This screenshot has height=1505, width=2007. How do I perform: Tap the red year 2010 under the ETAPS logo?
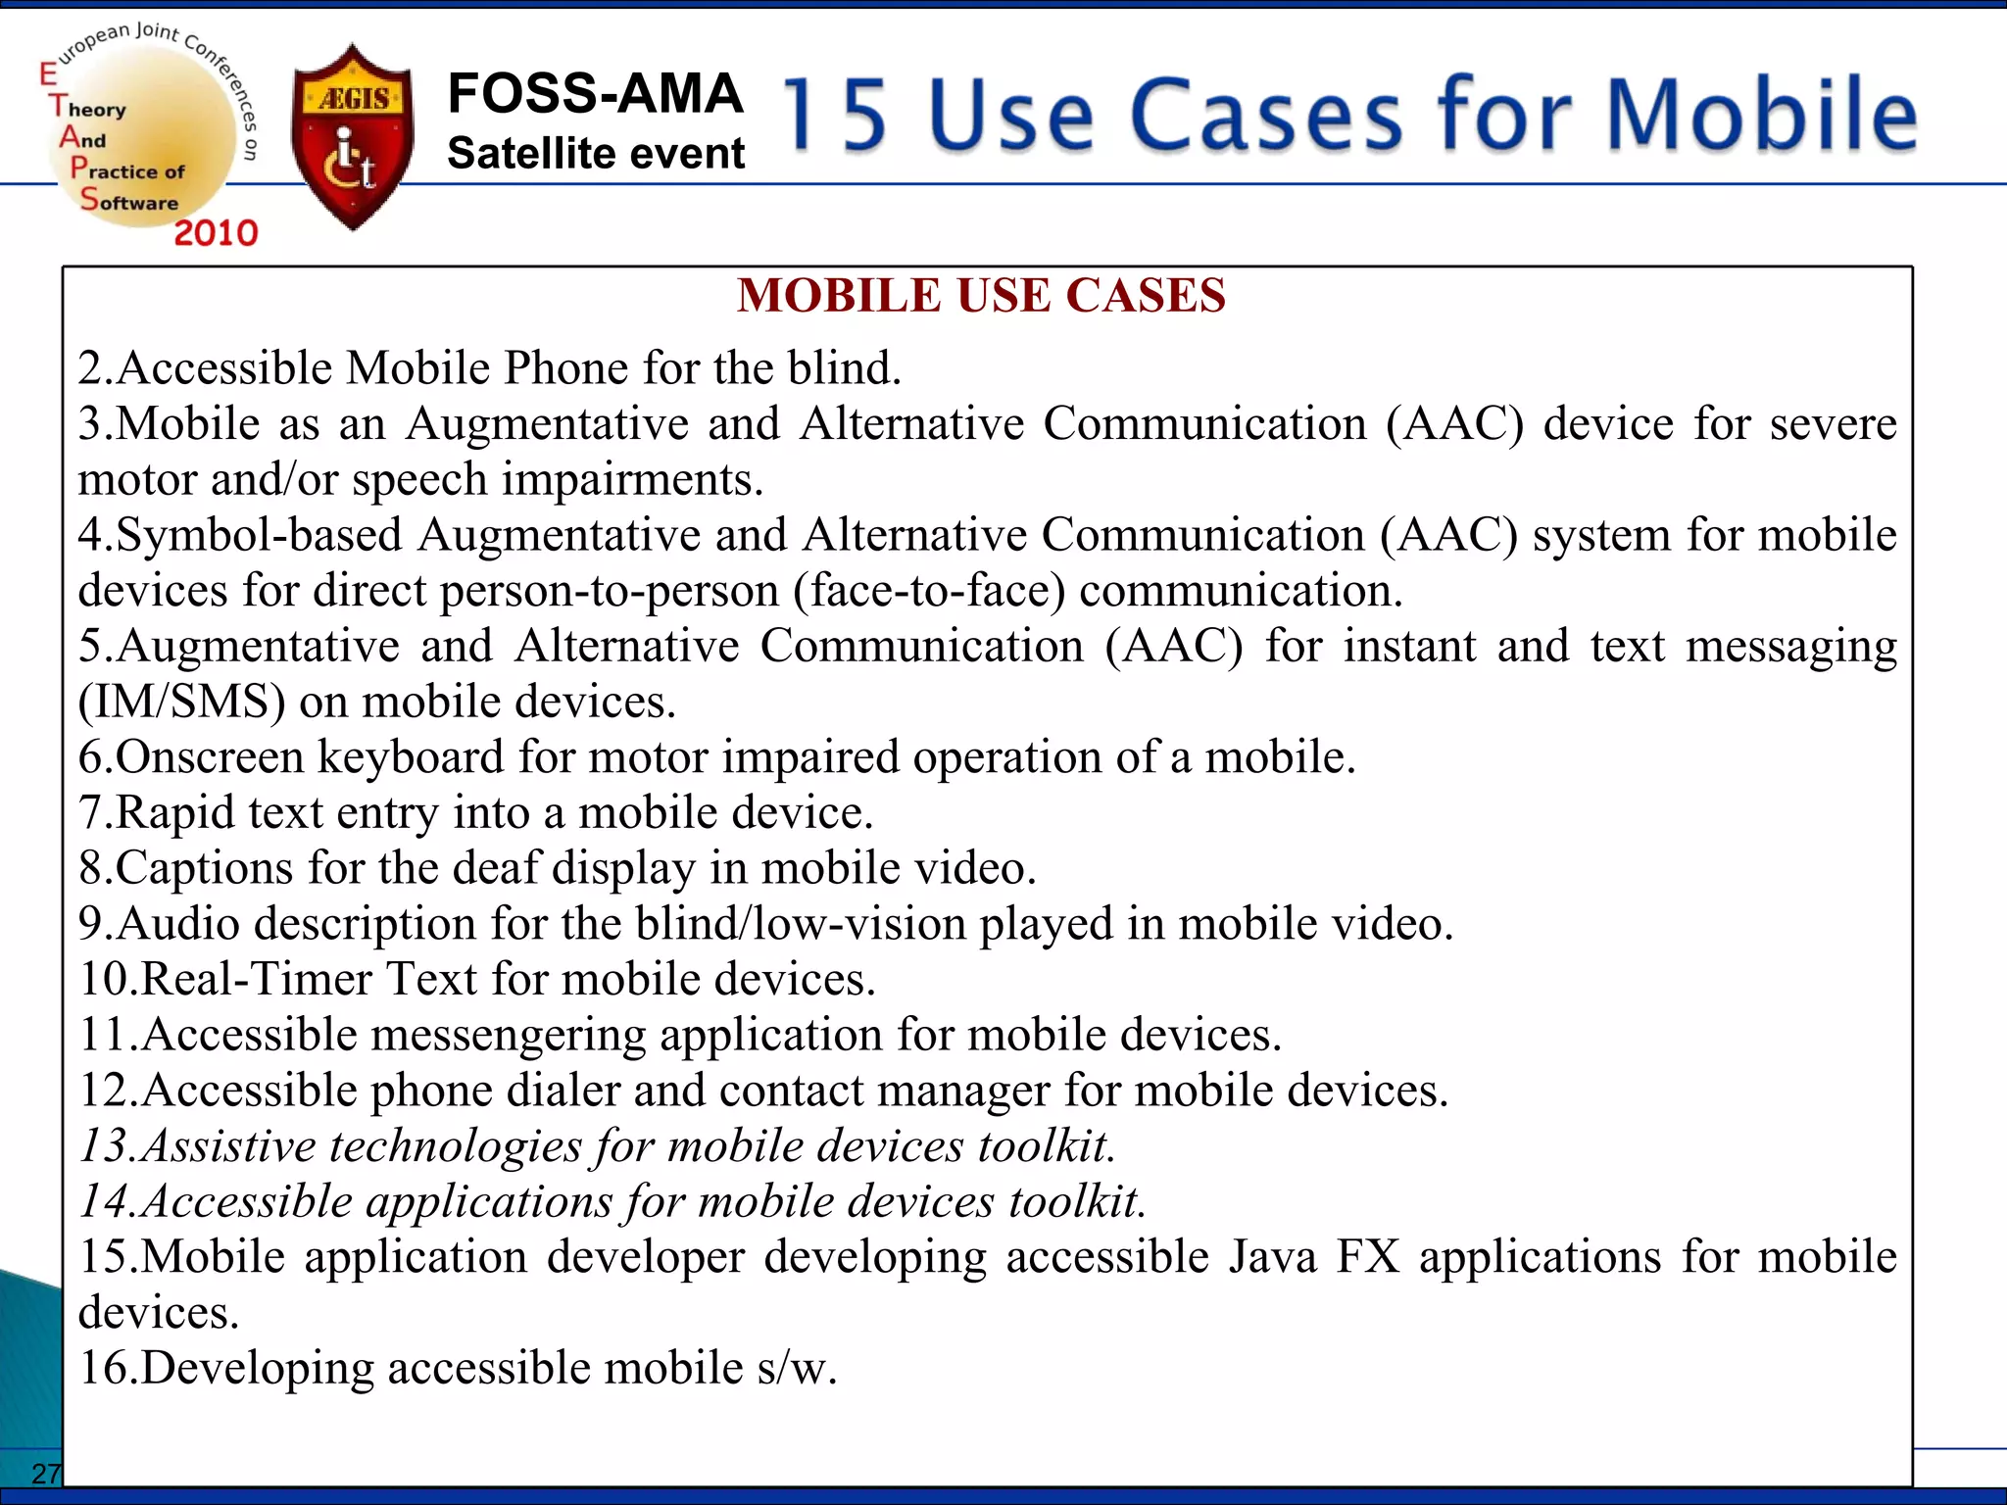click(216, 233)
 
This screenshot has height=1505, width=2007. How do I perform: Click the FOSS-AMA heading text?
click(595, 94)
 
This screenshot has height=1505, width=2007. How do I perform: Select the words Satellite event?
click(596, 154)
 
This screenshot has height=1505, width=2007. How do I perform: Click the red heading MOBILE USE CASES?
click(981, 296)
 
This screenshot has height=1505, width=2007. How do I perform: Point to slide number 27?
click(45, 1473)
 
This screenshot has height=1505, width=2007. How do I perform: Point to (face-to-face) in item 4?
click(929, 591)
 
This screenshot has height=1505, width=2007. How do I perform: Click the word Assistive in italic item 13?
click(228, 1146)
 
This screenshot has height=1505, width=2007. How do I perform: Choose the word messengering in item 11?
click(509, 1036)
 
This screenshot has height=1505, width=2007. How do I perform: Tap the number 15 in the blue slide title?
click(834, 116)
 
